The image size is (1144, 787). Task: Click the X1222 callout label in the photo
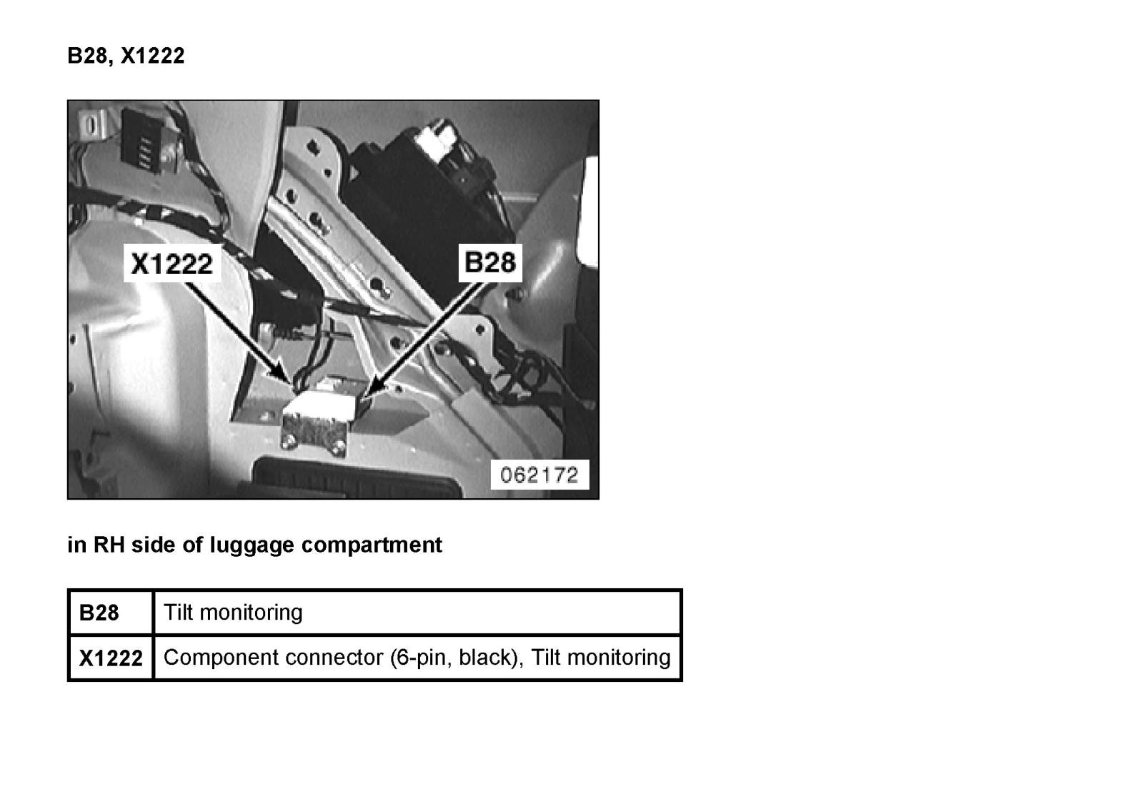(171, 264)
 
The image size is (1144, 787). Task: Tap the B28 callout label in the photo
(489, 262)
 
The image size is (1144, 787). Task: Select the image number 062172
(539, 475)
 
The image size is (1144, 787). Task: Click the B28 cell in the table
(99, 613)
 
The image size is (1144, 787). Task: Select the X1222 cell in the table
(111, 658)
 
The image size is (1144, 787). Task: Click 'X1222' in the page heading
(152, 56)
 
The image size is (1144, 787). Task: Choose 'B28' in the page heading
(87, 56)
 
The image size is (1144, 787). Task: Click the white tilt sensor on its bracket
(322, 407)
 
